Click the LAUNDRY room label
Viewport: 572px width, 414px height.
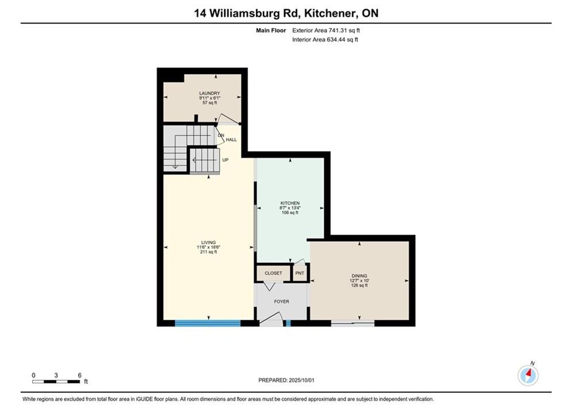tap(209, 93)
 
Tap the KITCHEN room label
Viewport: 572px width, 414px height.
tap(290, 203)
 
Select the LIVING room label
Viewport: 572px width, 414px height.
tap(208, 243)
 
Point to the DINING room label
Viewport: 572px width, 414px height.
tap(359, 276)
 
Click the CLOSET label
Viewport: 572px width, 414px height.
tap(273, 273)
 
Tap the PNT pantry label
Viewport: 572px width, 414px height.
tap(300, 273)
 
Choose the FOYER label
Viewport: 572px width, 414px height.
tap(281, 302)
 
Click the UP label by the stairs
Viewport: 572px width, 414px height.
tap(225, 160)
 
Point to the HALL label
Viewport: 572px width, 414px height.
tap(231, 140)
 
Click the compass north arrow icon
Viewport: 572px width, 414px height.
tap(528, 375)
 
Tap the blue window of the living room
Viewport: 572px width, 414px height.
tap(208, 323)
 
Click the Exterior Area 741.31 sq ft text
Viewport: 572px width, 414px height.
tap(326, 30)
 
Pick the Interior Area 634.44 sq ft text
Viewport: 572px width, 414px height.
tap(325, 40)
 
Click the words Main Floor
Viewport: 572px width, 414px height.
tap(271, 30)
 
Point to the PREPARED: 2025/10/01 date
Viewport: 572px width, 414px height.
tap(286, 380)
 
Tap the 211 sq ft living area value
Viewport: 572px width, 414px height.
tap(208, 252)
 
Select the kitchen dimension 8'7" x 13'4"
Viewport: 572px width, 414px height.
tap(290, 208)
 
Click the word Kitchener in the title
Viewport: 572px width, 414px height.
tap(330, 13)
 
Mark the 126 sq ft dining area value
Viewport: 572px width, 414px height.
tap(359, 286)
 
